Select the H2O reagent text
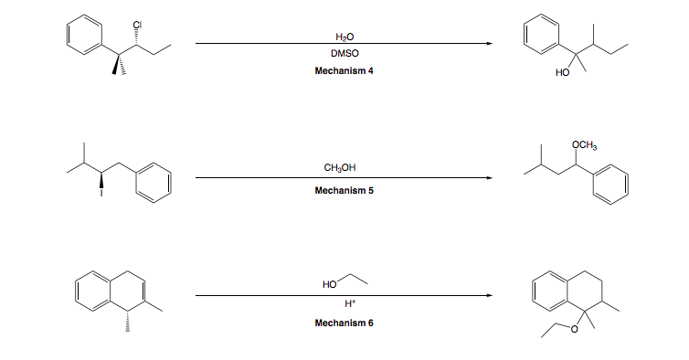(344, 35)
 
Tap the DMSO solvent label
(344, 53)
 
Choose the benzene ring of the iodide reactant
(154, 179)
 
